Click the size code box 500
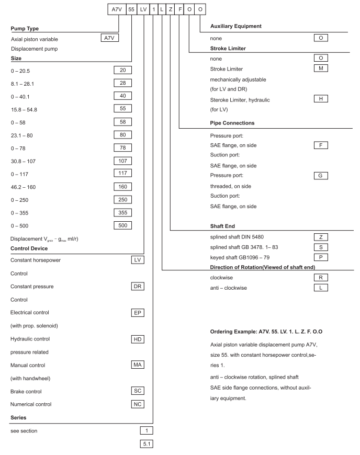[122, 225]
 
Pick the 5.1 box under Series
[146, 444]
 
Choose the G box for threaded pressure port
[319, 175]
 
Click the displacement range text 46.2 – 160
[24, 186]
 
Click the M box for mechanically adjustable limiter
[319, 70]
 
